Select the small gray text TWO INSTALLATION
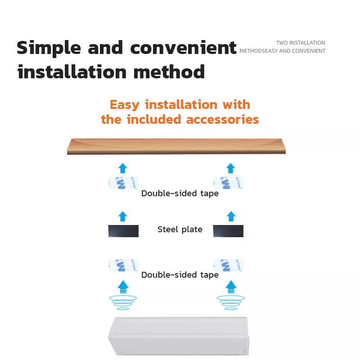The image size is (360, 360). tap(301, 43)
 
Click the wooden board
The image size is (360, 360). tap(176, 146)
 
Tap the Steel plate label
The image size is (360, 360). tap(180, 229)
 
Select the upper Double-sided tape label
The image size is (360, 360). tap(180, 193)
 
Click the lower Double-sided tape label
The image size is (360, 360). tap(180, 275)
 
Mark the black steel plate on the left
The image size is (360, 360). tap(123, 231)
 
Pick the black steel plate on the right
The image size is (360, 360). tap(228, 231)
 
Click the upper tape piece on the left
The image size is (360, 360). tap(123, 183)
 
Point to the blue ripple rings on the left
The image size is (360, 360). tap(123, 301)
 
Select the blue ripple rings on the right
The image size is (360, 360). tap(231, 301)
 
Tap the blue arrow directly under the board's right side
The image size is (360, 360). tap(231, 168)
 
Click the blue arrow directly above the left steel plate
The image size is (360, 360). tap(123, 216)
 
